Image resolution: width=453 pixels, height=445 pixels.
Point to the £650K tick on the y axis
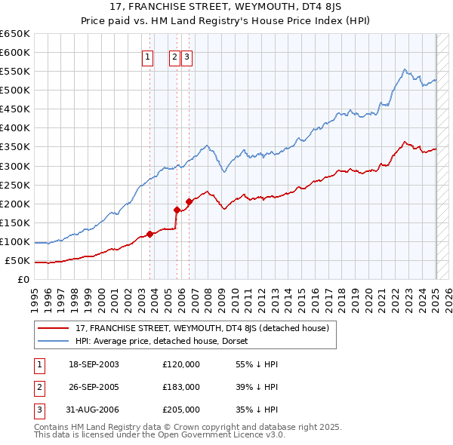click(15, 34)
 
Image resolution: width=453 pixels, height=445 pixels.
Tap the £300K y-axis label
click(15, 166)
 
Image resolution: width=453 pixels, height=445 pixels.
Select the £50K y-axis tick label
click(18, 261)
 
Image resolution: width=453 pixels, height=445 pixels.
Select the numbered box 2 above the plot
click(174, 55)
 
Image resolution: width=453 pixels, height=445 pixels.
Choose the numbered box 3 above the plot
click(186, 55)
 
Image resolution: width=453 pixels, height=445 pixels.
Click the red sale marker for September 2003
click(149, 234)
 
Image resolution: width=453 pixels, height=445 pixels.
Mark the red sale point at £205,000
click(189, 201)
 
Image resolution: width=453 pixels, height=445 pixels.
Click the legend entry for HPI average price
click(167, 342)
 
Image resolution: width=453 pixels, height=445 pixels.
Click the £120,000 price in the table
click(181, 364)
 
